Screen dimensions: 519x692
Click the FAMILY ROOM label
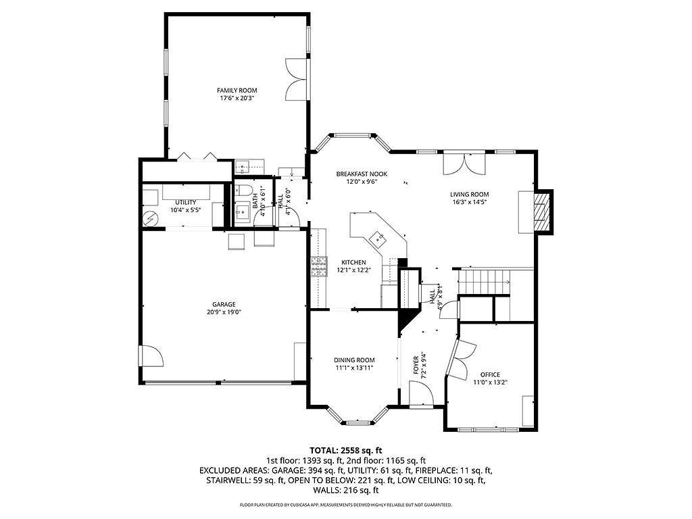coord(237,91)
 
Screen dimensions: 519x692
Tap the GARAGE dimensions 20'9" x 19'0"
coord(224,312)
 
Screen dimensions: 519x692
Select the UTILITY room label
coord(186,202)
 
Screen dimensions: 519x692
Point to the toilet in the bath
coord(244,189)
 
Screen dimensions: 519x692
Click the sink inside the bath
coord(242,215)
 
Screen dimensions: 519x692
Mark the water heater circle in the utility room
coord(150,219)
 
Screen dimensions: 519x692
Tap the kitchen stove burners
coord(317,268)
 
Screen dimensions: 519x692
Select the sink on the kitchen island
coord(376,237)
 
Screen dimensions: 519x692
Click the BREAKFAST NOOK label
coord(362,174)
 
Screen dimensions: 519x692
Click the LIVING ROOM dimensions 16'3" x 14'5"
coord(470,201)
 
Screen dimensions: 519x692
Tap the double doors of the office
coord(463,357)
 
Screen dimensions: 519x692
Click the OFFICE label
coord(490,374)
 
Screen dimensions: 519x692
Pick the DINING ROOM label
coord(354,360)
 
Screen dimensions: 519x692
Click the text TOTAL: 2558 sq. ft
coord(346,450)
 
